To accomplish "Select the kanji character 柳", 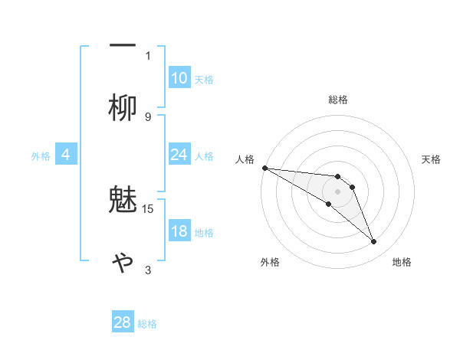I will pos(123,108).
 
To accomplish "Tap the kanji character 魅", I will pos(123,200).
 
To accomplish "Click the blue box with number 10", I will pos(179,78).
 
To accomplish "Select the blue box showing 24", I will pos(179,155).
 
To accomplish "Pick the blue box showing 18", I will pos(179,232).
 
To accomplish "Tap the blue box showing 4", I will pos(66,155).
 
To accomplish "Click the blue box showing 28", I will pos(123,322).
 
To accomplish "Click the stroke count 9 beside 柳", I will pos(148,116).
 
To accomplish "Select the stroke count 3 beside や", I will pos(148,270).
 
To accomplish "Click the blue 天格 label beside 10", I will pos(204,79).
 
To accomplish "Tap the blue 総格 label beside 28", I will pos(147,323).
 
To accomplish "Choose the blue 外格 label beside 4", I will pos(41,156).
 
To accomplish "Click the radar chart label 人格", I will pos(245,159).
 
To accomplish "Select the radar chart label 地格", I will pos(402,262).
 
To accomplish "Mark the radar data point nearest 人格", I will pos(264,168).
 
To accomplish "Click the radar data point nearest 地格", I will pos(374,242).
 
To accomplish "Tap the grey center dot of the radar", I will pos(337,191).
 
